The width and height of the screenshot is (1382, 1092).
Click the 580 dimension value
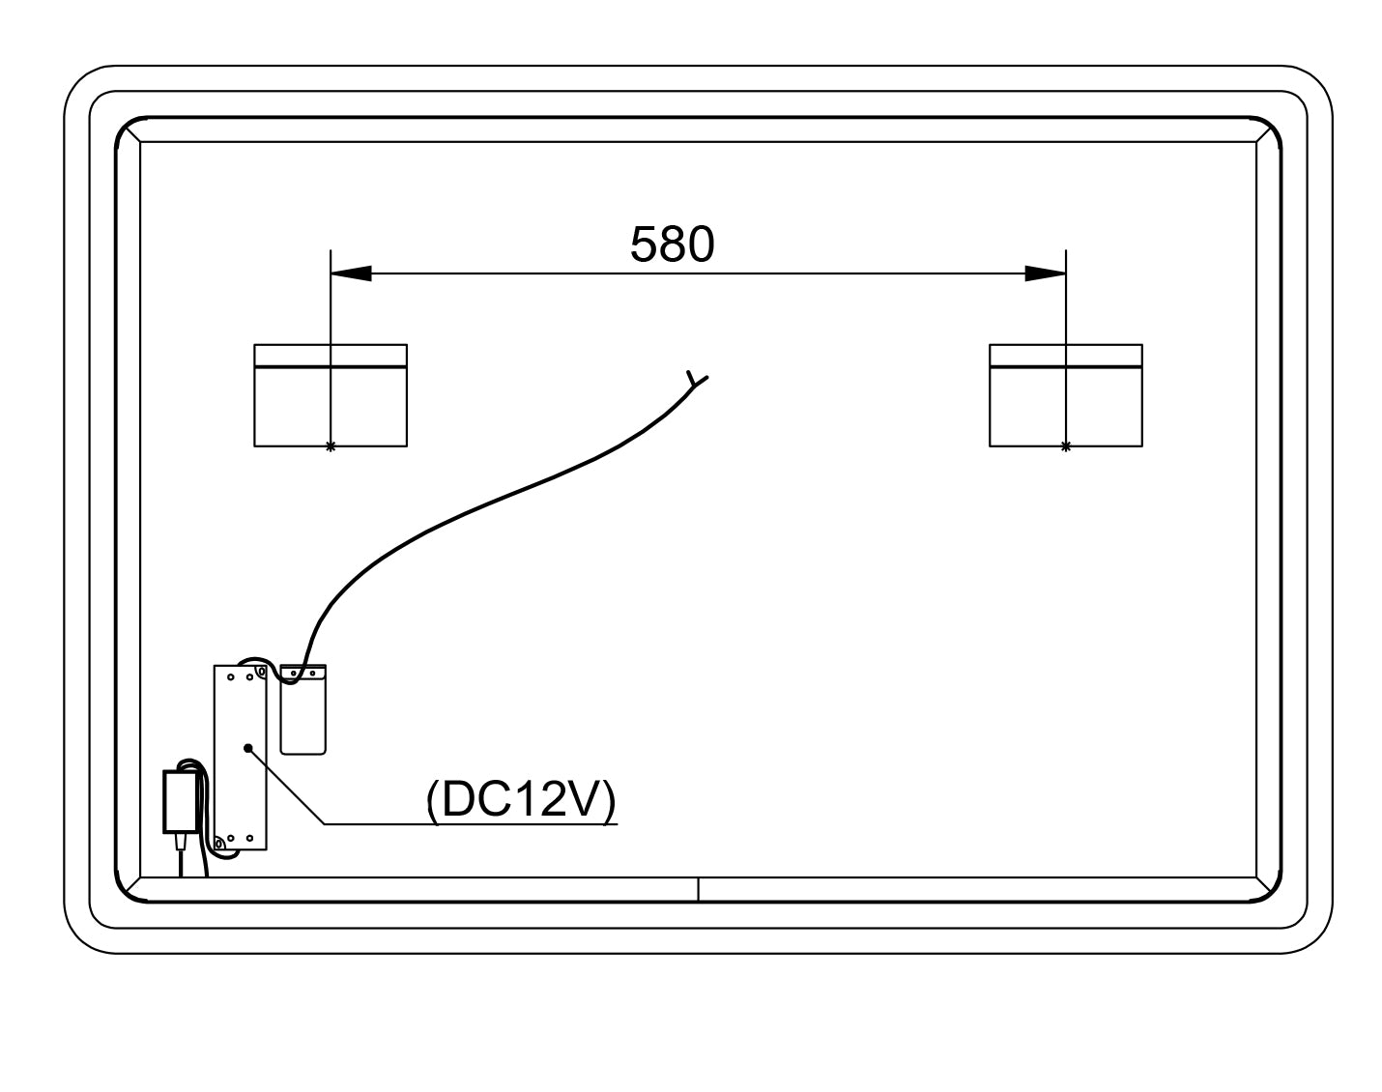(672, 244)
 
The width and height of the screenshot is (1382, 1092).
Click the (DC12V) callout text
(521, 800)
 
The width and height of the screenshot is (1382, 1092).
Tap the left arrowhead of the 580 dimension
(351, 273)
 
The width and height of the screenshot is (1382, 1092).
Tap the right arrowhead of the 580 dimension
(1045, 273)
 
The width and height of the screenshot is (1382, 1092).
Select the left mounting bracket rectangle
(331, 395)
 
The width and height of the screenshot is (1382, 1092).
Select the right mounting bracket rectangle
(1066, 395)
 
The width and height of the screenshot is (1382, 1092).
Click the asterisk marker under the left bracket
(331, 446)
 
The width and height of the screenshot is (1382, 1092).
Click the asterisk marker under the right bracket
(1066, 446)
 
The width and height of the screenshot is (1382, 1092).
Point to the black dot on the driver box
(247, 748)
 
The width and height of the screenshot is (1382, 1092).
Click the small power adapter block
(181, 802)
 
